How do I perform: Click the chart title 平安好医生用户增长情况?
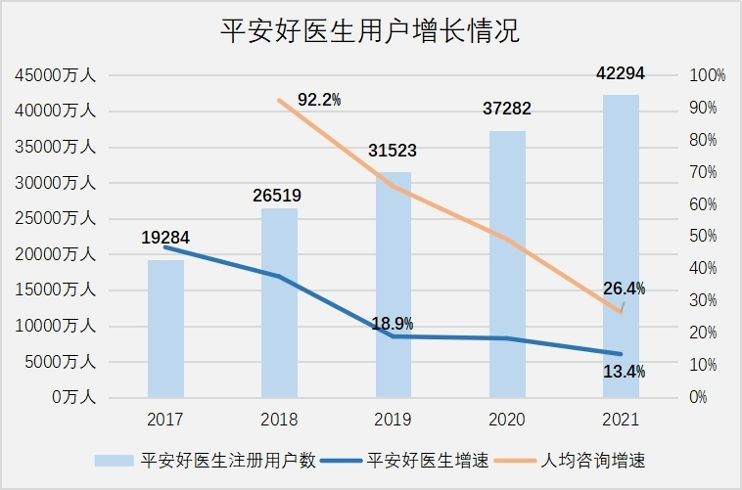[370, 31]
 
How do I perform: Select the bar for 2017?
[165, 333]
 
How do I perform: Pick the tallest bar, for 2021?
[621, 245]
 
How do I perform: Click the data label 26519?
[278, 196]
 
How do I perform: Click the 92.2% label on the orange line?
[319, 99]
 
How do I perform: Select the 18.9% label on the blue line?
[393, 324]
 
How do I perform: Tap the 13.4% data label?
[623, 372]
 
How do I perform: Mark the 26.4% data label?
[624, 289]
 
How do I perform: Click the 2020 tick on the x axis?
[507, 420]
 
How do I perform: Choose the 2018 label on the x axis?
[279, 420]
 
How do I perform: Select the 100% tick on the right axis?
[707, 75]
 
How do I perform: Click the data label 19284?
[163, 238]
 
